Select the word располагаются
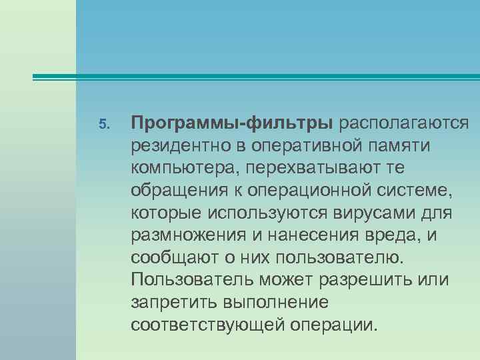point(404,123)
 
